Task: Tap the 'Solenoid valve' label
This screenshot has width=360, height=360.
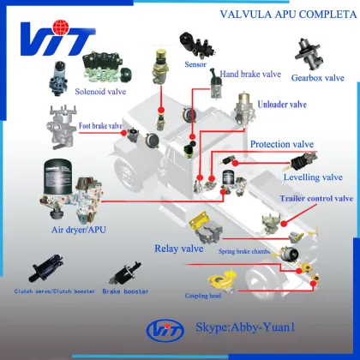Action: (x=100, y=92)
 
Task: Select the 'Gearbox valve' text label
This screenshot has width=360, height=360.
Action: (x=318, y=78)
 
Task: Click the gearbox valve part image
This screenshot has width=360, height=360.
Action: (x=309, y=54)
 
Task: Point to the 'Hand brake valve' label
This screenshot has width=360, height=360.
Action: (x=250, y=74)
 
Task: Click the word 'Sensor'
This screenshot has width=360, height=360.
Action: (x=195, y=64)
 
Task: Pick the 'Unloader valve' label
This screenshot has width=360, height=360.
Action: (x=282, y=105)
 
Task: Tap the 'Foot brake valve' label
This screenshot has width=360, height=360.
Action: (x=100, y=126)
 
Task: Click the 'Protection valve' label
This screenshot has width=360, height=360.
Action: (x=282, y=144)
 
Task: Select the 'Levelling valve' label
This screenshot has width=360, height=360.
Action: (x=313, y=177)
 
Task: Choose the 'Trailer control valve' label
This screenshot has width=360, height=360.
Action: (x=316, y=198)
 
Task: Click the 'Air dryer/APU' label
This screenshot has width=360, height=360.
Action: (x=79, y=230)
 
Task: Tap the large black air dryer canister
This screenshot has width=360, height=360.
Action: (x=57, y=177)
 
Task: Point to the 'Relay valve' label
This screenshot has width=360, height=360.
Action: (x=179, y=249)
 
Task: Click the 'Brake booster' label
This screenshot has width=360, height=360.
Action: (x=125, y=291)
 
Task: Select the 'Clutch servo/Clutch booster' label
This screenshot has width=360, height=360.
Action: (x=55, y=291)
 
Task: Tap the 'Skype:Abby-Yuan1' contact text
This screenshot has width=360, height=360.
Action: (x=245, y=327)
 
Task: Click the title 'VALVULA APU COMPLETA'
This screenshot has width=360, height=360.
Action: (x=288, y=14)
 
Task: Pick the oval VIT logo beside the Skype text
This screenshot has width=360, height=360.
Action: (x=165, y=331)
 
